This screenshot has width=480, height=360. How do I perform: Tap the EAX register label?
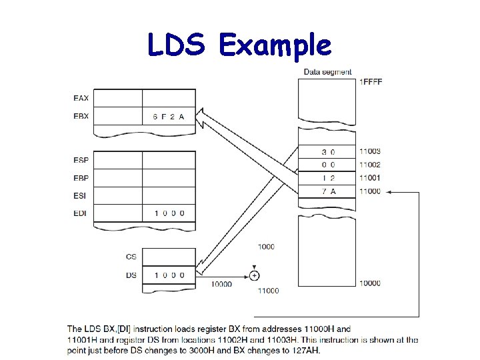click(x=81, y=99)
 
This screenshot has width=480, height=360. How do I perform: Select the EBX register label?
click(x=81, y=117)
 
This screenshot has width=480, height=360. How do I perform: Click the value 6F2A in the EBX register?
click(x=168, y=117)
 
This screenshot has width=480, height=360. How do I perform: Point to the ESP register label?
click(x=81, y=160)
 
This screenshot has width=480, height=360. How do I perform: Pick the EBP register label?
click(x=81, y=178)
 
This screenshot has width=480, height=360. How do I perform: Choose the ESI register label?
click(x=80, y=196)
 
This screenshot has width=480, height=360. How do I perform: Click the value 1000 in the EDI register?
click(x=169, y=213)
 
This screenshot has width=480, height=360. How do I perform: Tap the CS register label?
click(x=131, y=257)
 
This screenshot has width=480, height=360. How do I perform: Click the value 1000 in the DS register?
click(x=169, y=275)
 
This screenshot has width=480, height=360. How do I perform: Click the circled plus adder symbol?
click(x=255, y=275)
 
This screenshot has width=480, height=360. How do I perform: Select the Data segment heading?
click(x=327, y=72)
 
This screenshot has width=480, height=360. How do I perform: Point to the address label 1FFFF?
click(x=371, y=82)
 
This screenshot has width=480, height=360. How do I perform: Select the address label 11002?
click(x=369, y=165)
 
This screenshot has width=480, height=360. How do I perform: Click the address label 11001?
click(x=369, y=178)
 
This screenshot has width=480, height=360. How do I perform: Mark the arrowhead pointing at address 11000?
click(x=390, y=192)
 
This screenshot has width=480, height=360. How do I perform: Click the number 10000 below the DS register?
click(x=221, y=284)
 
